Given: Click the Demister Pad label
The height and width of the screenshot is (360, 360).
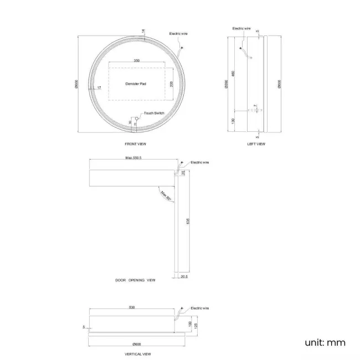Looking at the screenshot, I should click(135, 84).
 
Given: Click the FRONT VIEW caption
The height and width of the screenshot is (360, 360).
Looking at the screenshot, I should click(135, 144).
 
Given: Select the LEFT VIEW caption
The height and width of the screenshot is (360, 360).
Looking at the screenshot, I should click(256, 144).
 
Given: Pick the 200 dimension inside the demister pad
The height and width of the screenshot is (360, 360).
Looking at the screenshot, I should click(172, 84).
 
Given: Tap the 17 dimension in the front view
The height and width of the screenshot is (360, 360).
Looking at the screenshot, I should click(99, 88).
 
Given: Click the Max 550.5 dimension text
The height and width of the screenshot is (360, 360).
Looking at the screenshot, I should click(133, 158).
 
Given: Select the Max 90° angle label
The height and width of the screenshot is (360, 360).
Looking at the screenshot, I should click(164, 194).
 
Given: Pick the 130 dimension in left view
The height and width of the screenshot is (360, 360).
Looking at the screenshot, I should click(234, 121).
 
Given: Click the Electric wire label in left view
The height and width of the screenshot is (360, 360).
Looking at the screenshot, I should click(241, 28).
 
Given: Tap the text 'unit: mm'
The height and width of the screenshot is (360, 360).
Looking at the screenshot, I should click(325, 342).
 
